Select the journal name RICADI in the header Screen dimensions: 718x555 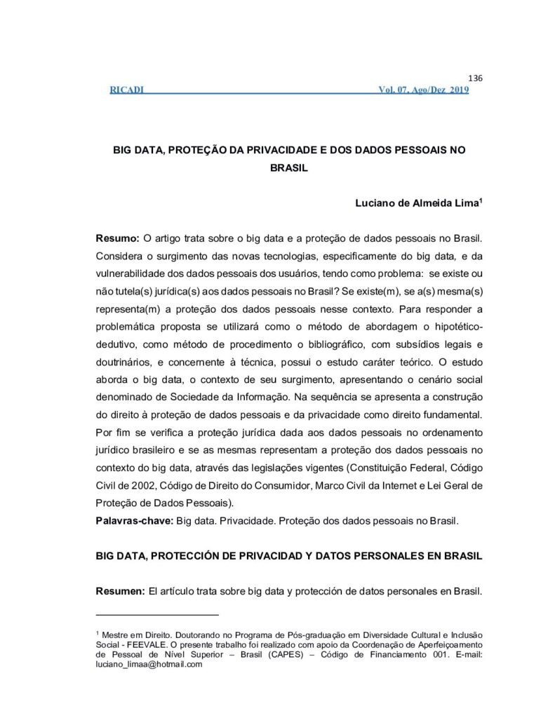(127, 90)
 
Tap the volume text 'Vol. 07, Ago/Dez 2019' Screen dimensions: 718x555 (423, 90)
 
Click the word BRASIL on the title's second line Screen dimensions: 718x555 (289, 168)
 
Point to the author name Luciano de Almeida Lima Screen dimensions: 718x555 (410, 203)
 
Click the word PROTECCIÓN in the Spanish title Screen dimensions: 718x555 (195, 556)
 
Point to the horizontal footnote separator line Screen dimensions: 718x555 (148, 615)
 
